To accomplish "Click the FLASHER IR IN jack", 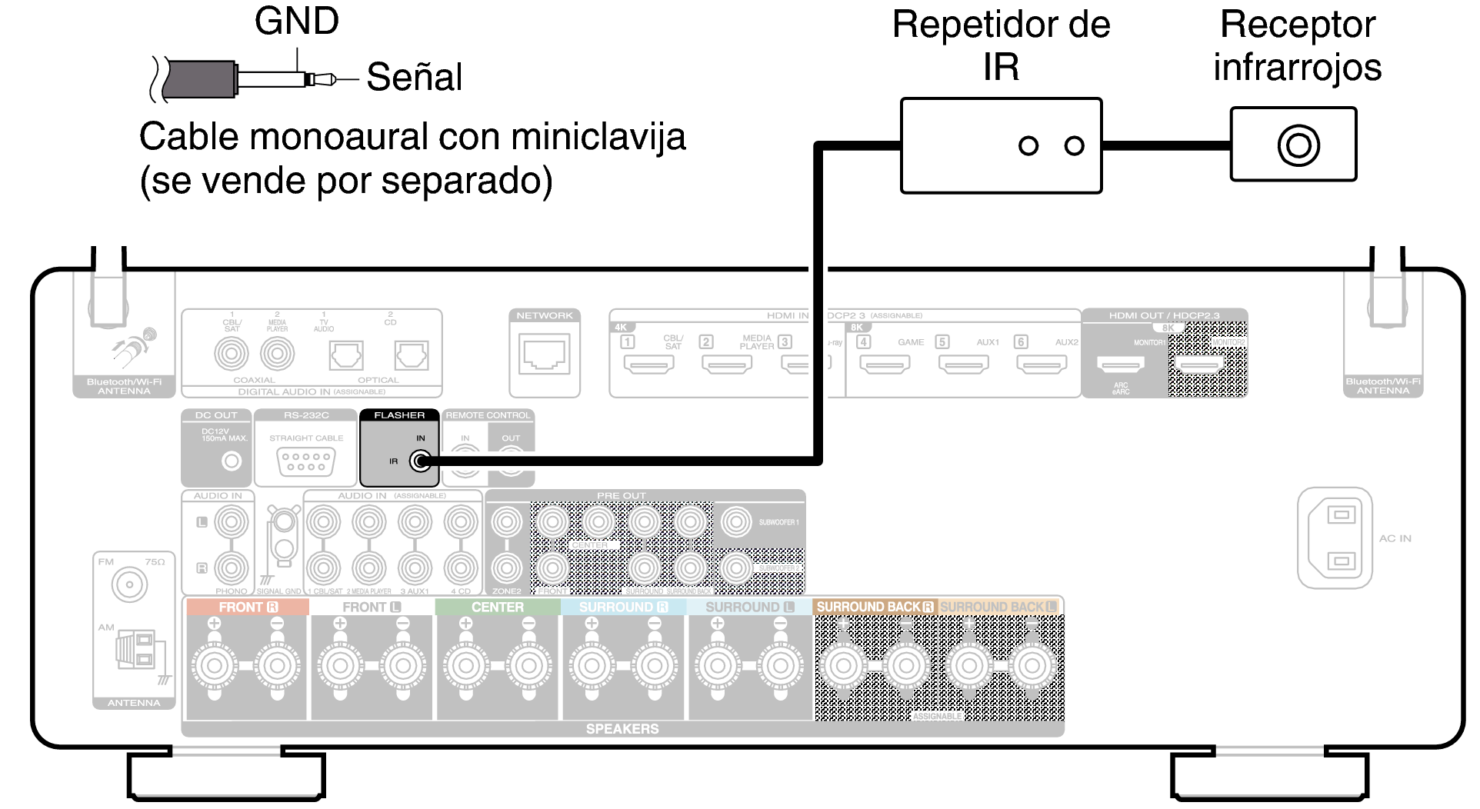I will [419, 461].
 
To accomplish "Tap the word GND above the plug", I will [296, 22].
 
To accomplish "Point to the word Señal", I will [414, 77].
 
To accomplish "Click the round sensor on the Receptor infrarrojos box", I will [1298, 145].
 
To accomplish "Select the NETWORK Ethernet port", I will [545, 354].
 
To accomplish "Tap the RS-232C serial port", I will [306, 461].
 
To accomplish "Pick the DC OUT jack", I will [232, 461].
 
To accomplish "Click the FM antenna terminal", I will [129, 588].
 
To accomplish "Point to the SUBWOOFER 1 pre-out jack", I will [736, 522].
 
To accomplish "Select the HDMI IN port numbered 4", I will [885, 364].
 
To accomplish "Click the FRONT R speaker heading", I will [247, 608].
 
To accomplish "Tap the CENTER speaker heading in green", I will [497, 608].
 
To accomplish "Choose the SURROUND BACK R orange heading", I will [875, 607].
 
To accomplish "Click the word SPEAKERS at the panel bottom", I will [622, 728].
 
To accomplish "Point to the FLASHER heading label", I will [399, 415].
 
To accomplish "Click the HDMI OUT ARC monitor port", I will [1119, 364].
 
